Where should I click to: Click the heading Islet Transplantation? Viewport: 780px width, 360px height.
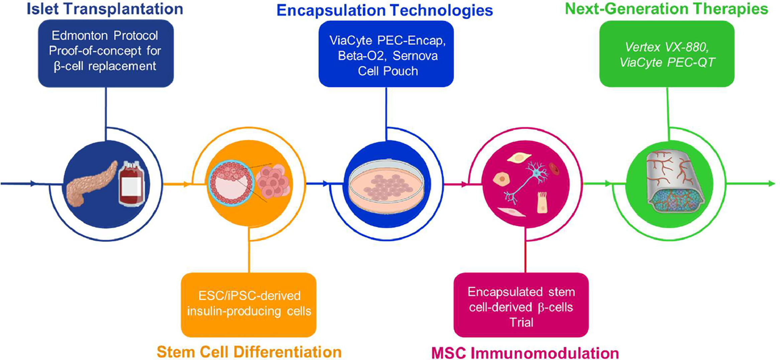pos(105,9)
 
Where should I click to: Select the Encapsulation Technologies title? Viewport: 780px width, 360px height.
pos(384,10)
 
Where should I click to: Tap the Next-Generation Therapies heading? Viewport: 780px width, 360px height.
pos(666,9)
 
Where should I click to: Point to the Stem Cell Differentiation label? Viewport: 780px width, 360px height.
pos(249,352)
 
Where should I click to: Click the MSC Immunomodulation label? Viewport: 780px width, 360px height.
pos(525,353)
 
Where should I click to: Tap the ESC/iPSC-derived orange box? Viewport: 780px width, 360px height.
pos(248,304)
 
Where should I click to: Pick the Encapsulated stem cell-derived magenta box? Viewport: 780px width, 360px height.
pos(521,305)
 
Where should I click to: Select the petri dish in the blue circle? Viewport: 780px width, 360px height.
pos(386,186)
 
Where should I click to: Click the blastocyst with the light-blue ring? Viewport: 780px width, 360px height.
pos(231,182)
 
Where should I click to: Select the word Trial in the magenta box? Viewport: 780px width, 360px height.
pos(521,322)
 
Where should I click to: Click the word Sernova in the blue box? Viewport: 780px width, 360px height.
pos(415,56)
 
